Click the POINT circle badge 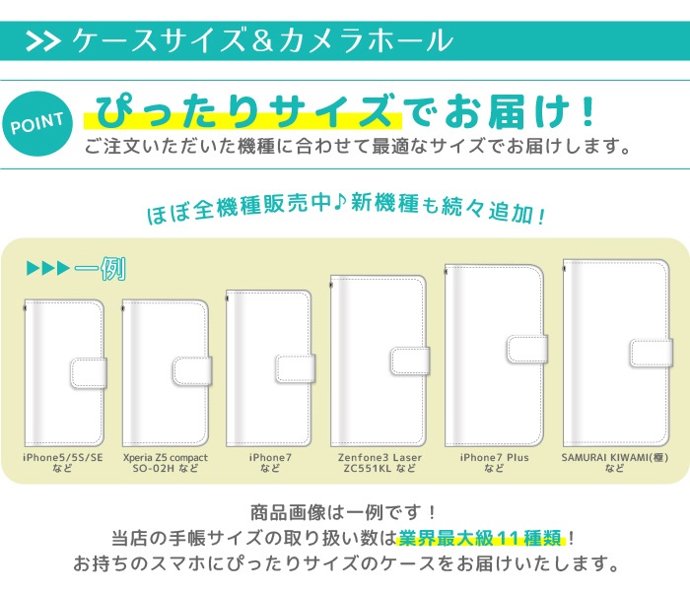coord(37,124)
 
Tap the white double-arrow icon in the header coord(43,41)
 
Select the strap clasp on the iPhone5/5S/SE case coord(89,373)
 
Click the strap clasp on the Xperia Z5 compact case coord(192,370)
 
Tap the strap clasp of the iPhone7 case coord(296,368)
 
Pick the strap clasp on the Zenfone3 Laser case coord(410,361)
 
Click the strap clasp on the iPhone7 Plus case coord(527,350)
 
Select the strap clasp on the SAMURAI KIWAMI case coord(652,353)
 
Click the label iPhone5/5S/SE coord(63,458)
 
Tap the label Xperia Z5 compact coord(166,458)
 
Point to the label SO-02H coord(154,469)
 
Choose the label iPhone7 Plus coord(494,458)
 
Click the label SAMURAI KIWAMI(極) coord(615,458)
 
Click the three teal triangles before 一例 coord(48,268)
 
